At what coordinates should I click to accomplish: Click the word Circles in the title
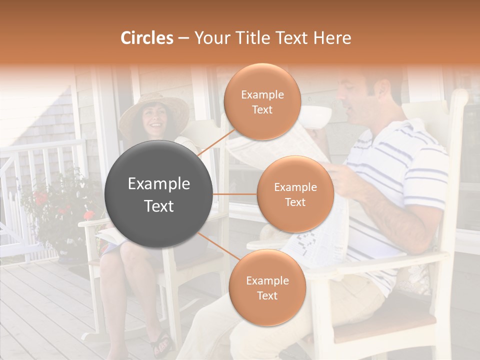pos(147,38)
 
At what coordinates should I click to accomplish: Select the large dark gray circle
pos(159,194)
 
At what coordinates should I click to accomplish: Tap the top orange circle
pos(262,102)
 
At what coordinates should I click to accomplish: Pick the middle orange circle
pos(295,194)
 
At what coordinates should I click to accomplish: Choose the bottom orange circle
pos(267,287)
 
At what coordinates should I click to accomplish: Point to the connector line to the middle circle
pos(235,194)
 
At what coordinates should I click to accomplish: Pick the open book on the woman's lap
pos(111,235)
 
